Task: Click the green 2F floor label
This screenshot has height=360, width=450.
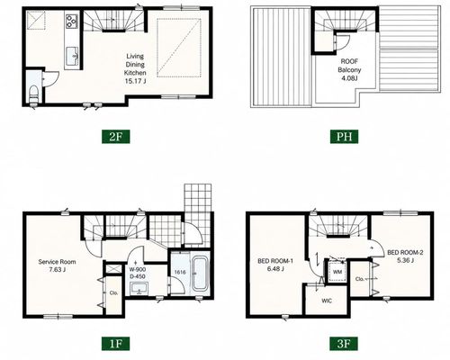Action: click(x=115, y=137)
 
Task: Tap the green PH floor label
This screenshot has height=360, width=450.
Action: click(x=344, y=137)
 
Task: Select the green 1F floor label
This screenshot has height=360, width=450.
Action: click(x=115, y=344)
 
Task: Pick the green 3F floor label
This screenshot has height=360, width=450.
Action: click(x=344, y=344)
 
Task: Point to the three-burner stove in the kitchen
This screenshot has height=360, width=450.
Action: click(x=72, y=21)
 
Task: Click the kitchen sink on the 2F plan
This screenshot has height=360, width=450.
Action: click(x=72, y=56)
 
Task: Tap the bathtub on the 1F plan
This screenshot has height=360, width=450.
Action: click(x=200, y=273)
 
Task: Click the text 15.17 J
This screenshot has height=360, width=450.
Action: click(x=135, y=81)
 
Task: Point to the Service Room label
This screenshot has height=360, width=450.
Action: click(x=57, y=262)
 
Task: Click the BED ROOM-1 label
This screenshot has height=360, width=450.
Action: click(x=275, y=261)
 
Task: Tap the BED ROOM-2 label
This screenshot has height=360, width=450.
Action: click(x=405, y=253)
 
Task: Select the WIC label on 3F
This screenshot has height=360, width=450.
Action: click(x=327, y=301)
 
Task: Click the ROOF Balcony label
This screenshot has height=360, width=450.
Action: click(x=349, y=66)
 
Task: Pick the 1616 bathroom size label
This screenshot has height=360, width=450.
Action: click(x=180, y=273)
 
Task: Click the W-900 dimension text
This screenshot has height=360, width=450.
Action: click(x=138, y=269)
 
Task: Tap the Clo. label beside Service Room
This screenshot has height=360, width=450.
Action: click(x=113, y=292)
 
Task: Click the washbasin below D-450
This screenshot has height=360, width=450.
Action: click(x=139, y=290)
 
